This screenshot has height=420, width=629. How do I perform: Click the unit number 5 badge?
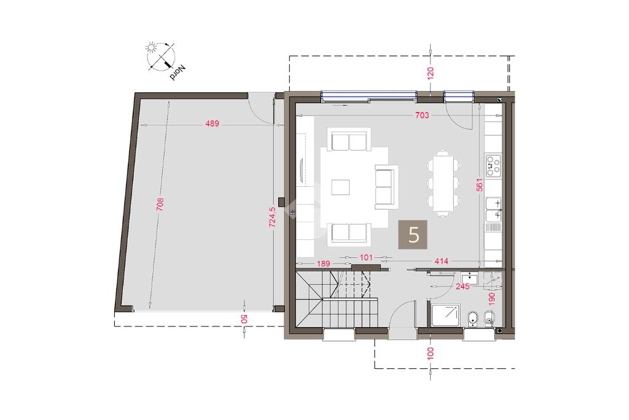(412, 234)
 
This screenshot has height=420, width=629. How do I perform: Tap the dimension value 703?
(422, 115)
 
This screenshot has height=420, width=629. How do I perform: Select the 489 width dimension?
(212, 124)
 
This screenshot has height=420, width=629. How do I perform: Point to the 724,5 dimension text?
(272, 217)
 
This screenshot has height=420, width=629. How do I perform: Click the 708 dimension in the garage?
(160, 204)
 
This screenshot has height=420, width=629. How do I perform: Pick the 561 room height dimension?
(480, 184)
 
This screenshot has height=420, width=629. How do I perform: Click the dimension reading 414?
(441, 261)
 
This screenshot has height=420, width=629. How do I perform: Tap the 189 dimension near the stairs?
(323, 264)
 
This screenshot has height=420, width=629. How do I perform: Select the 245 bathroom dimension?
(463, 287)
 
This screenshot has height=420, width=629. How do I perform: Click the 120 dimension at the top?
(431, 74)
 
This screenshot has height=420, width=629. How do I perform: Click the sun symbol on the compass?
(151, 48)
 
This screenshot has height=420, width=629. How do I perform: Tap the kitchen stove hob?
(493, 165)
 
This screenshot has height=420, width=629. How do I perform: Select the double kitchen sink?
(494, 209)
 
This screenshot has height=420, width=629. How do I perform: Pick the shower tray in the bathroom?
(445, 315)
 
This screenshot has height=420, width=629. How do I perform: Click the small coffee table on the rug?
(340, 187)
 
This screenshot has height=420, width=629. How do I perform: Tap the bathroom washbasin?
(469, 279)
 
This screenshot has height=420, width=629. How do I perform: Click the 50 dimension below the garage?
(244, 319)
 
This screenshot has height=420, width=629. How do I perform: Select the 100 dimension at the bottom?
(431, 354)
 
